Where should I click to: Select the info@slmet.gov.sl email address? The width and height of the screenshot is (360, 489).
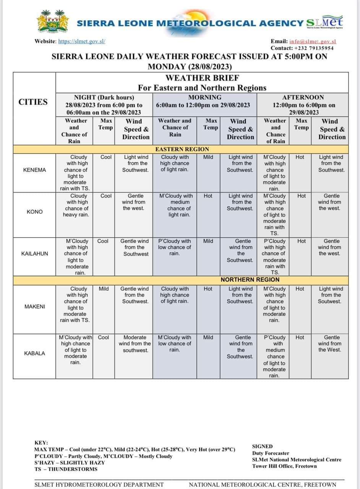(313, 41)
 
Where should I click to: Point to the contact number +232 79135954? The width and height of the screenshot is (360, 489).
(313, 48)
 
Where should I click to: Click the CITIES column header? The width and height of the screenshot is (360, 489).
(33, 102)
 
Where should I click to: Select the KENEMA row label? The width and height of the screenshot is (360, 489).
(34, 170)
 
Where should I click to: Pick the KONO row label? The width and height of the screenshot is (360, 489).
(35, 212)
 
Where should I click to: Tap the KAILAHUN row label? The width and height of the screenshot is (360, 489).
(35, 253)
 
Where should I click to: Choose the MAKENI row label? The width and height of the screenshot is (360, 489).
(35, 306)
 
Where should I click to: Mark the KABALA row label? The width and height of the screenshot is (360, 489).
(34, 353)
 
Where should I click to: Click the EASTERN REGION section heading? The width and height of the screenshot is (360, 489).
(182, 149)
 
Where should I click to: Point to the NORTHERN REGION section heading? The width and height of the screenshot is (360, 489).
(250, 280)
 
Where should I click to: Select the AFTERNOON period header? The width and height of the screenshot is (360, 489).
(303, 97)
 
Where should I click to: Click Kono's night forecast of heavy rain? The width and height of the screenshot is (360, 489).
(76, 205)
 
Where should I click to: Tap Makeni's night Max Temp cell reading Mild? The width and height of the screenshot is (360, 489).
(104, 289)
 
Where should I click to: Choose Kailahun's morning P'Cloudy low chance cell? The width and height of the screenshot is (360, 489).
(175, 247)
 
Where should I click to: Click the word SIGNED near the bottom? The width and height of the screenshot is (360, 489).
(263, 446)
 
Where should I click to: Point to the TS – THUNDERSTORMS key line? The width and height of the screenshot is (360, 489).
(66, 469)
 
